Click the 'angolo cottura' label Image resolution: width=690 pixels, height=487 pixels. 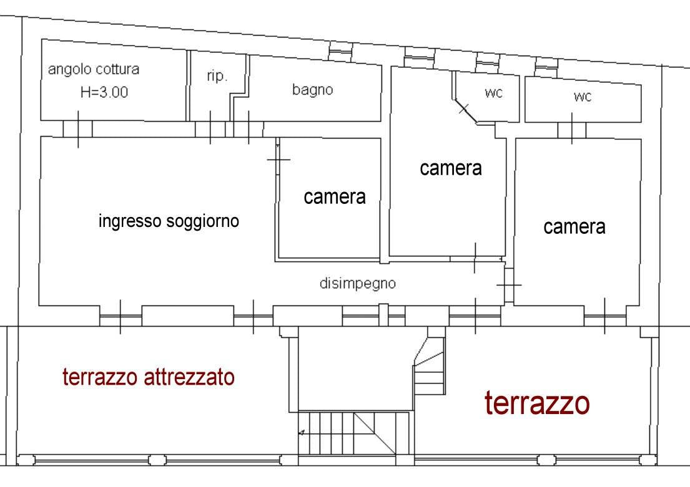[93, 69]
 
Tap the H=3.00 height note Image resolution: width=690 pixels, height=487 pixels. [104, 92]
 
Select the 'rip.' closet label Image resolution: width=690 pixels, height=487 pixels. [217, 76]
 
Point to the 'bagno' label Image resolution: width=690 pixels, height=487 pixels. [312, 90]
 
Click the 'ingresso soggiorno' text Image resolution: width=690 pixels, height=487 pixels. [169, 221]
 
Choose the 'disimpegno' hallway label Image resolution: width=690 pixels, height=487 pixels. [358, 284]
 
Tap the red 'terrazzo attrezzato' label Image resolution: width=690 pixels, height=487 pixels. [148, 377]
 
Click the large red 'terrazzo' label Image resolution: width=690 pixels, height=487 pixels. [537, 403]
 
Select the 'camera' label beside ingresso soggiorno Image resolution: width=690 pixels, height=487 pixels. [335, 197]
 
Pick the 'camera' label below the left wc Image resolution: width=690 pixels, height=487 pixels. [451, 168]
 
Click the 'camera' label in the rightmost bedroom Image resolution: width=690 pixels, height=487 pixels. [574, 227]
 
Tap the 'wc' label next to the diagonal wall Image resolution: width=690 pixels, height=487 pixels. [493, 93]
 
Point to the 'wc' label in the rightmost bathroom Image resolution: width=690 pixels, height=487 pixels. [583, 96]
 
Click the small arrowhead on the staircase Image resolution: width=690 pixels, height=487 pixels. [302, 433]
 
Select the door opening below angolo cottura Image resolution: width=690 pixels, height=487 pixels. [78, 129]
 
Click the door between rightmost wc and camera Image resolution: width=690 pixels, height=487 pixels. [571, 130]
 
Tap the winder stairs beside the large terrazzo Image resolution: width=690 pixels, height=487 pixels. [430, 365]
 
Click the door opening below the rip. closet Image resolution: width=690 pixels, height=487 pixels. [210, 129]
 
